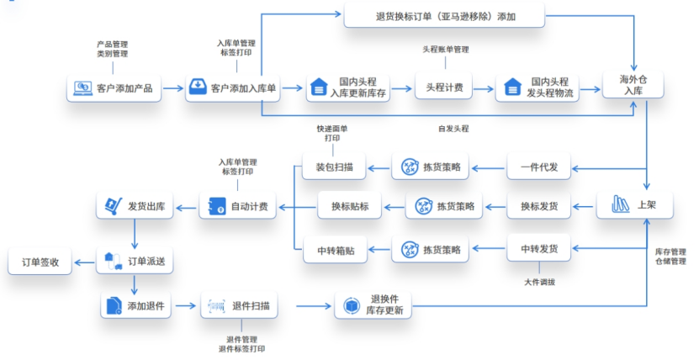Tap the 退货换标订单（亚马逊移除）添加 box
tap(445, 16)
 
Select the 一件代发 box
tap(539, 167)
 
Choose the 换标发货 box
tap(539, 205)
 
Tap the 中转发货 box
tap(539, 249)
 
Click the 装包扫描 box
tap(334, 167)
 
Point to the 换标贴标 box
tap(350, 205)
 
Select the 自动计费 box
tap(238, 205)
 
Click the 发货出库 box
tap(136, 205)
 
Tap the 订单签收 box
tap(40, 262)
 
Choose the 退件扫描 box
tap(241, 306)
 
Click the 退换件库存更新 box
tap(375, 306)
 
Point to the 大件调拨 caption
tap(539, 281)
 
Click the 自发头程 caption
tap(453, 129)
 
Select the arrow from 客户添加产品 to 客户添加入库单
tap(173, 87)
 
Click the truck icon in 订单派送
tap(112, 262)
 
